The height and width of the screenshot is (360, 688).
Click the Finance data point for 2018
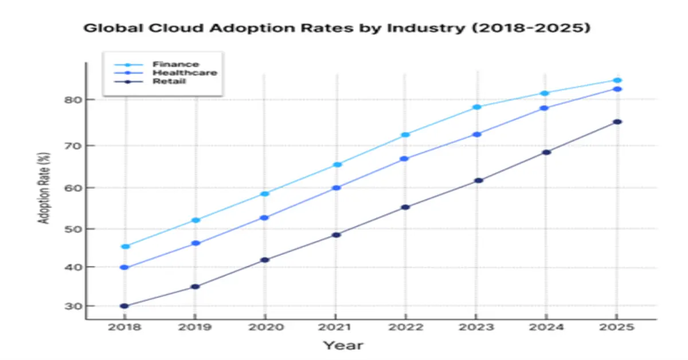pos(126,246)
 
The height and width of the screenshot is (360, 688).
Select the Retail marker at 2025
pos(617,122)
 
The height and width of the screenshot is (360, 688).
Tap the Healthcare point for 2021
pos(337,187)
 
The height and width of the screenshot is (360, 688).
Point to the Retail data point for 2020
pos(265,260)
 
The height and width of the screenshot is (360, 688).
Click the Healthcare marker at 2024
pos(545,108)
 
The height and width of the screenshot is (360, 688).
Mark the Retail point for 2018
pos(124,306)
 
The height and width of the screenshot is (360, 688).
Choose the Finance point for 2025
pos(617,80)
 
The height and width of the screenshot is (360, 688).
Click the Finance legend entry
pos(175,64)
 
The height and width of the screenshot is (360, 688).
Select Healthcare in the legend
pos(184,73)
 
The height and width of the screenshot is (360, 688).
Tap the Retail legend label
pos(169,81)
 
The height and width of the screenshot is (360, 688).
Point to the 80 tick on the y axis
pos(71,100)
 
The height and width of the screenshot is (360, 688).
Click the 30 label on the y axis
pos(71,307)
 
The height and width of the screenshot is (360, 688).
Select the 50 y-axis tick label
pos(71,229)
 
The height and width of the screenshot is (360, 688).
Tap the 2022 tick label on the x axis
pos(405,327)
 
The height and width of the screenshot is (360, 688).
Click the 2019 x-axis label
pos(195,327)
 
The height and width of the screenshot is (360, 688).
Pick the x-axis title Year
pos(342,345)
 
